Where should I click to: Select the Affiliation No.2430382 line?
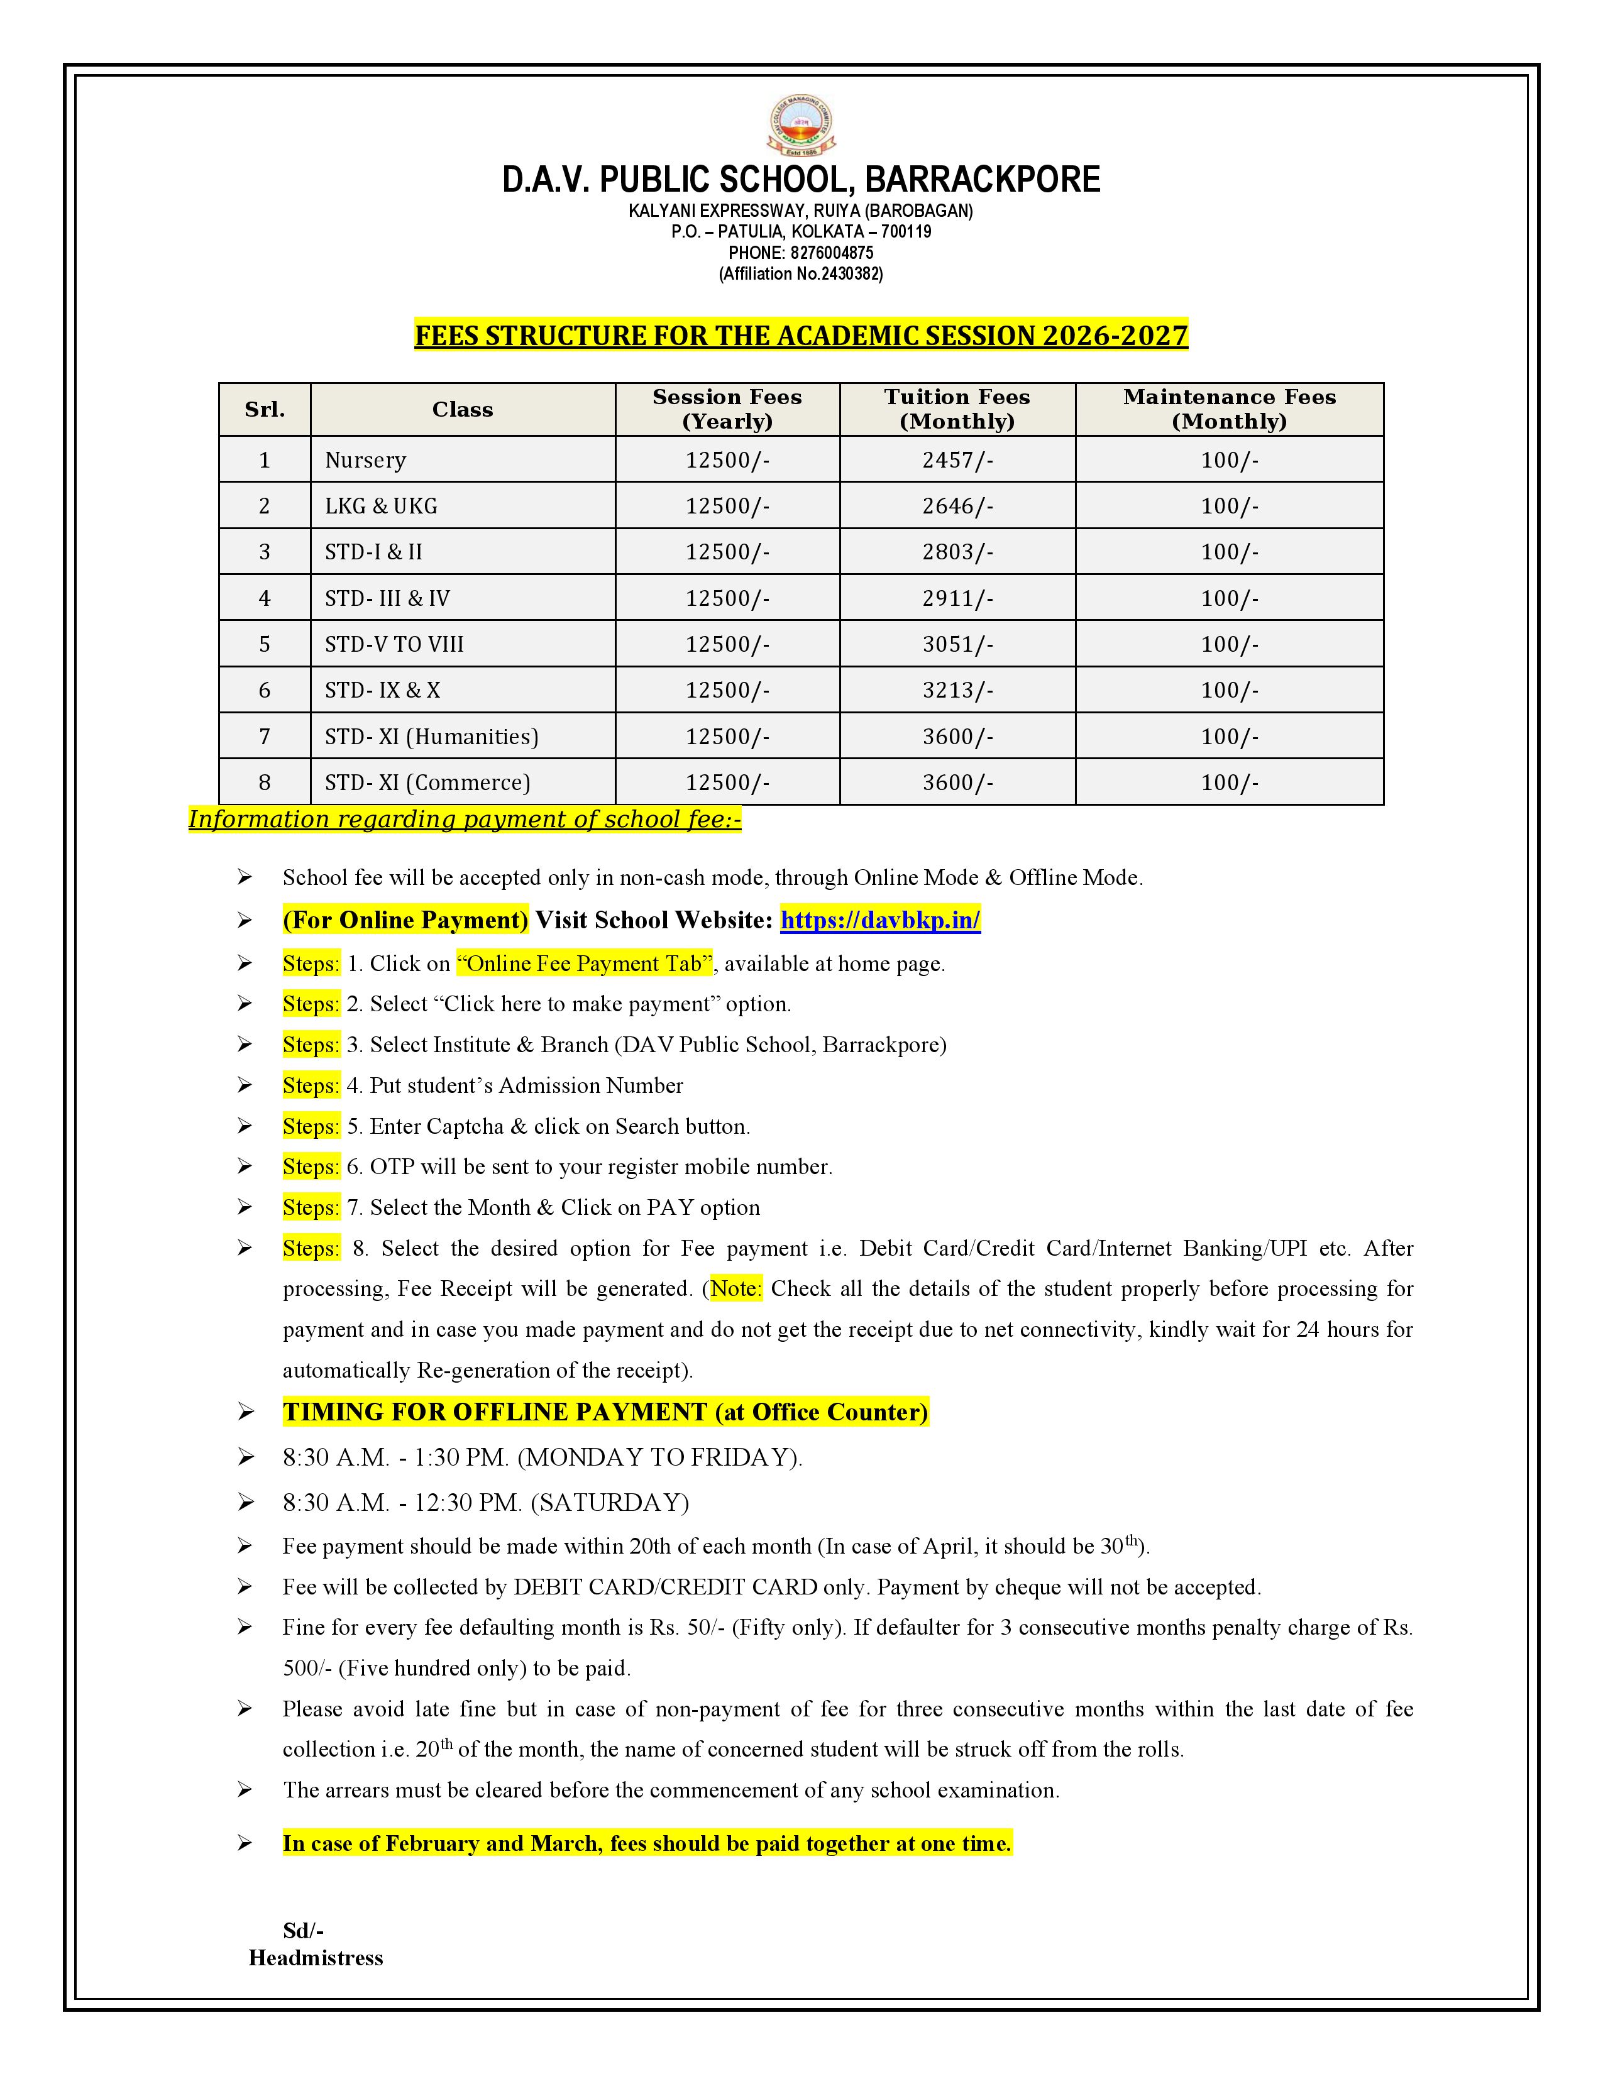point(800,273)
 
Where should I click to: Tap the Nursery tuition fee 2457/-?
point(956,459)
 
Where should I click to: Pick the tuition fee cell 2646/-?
point(956,506)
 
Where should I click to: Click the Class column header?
point(463,409)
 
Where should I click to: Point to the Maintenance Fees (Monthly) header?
point(1229,409)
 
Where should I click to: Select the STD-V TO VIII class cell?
point(394,644)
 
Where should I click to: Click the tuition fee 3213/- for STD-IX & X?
point(956,690)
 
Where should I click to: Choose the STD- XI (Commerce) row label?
point(427,782)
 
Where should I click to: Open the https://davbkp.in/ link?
point(880,919)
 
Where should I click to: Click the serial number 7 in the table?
point(264,736)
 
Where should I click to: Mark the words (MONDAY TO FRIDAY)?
point(659,1457)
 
